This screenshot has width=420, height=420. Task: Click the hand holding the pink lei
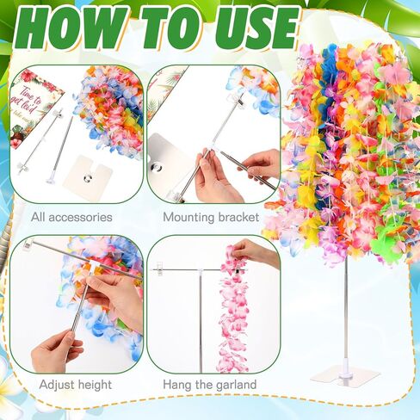pyautogui.click(x=253, y=251)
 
